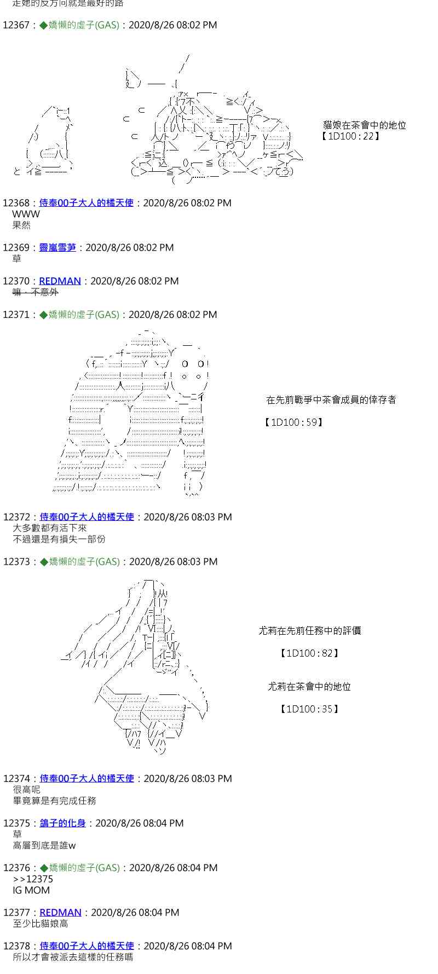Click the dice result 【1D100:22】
[x=351, y=136]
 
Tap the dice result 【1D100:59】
[x=293, y=422]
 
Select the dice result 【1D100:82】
[x=309, y=653]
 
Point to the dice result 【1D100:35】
[x=309, y=709]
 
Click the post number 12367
[x=16, y=25]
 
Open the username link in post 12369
[x=57, y=248]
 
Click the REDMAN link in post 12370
[x=60, y=281]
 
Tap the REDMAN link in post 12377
[x=60, y=913]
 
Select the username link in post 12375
[x=63, y=824]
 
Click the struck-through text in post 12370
[x=35, y=292]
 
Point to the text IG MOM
[x=31, y=890]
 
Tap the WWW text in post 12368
[x=26, y=214]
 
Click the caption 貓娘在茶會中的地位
[x=365, y=125]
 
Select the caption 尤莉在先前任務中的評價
[x=309, y=631]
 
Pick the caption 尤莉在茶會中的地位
[x=309, y=687]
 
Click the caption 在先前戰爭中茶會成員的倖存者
[x=331, y=400]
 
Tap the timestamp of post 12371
[x=172, y=315]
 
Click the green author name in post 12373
[x=84, y=562]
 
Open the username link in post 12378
[x=87, y=946]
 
